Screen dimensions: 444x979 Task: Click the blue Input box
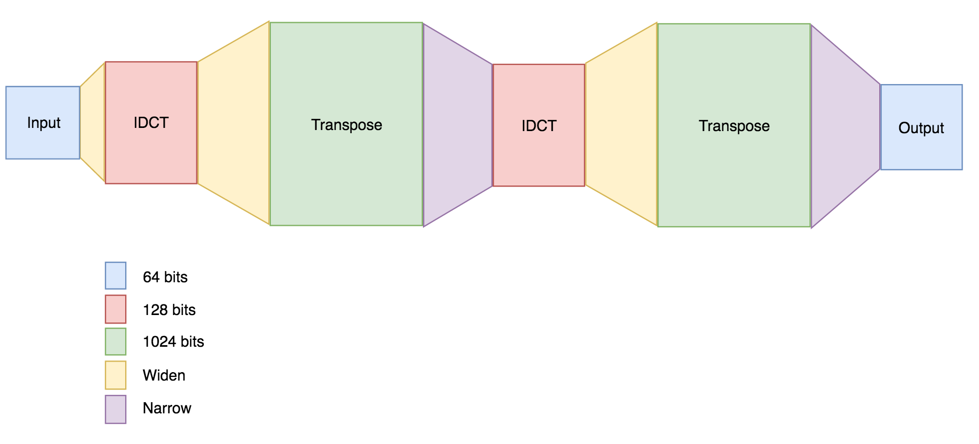pos(43,123)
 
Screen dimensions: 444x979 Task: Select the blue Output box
pos(921,127)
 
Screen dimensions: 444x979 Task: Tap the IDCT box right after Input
pos(151,123)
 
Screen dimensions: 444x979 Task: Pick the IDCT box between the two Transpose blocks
pos(539,125)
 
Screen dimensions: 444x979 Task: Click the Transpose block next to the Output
pos(734,125)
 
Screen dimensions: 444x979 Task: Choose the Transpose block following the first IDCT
pos(346,124)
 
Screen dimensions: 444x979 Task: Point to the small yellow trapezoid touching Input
pos(93,123)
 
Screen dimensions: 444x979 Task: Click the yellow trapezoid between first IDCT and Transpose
pos(233,123)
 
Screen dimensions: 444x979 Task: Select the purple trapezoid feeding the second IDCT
pos(457,125)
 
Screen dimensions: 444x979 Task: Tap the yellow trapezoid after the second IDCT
pos(622,125)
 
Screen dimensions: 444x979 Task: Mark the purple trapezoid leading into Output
pos(845,126)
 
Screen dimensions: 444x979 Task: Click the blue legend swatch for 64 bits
pos(116,275)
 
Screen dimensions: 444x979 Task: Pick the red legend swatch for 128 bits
pos(116,309)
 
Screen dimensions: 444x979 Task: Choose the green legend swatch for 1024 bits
pos(116,341)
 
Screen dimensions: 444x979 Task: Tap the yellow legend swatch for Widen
pos(116,375)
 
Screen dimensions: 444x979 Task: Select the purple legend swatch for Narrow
pos(116,409)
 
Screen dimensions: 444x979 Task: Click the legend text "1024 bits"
pos(173,342)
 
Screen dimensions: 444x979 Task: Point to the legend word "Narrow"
pos(167,408)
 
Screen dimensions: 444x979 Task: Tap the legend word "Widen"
pos(164,375)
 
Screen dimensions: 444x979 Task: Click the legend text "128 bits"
pos(169,310)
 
